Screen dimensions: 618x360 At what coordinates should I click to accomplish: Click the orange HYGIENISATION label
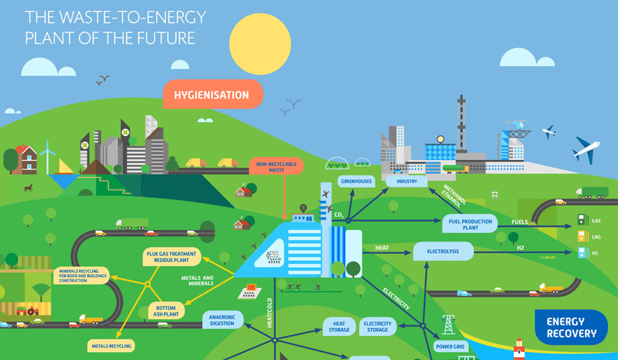[x=212, y=95]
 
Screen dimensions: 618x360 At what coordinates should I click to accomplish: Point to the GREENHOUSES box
[x=356, y=180]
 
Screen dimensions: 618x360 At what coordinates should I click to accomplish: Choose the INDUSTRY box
[x=406, y=180]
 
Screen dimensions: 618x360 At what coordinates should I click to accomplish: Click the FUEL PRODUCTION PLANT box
[x=467, y=224]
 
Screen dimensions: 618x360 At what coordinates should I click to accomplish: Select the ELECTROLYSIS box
[x=443, y=251]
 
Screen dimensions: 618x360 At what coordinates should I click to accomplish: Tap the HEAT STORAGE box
[x=340, y=327]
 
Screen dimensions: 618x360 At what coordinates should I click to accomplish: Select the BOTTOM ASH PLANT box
[x=172, y=311]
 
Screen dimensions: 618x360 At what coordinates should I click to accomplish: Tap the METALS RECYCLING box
[x=111, y=346]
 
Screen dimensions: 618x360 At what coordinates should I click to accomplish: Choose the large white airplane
[x=585, y=151]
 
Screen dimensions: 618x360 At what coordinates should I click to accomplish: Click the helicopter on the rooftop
[x=518, y=124]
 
